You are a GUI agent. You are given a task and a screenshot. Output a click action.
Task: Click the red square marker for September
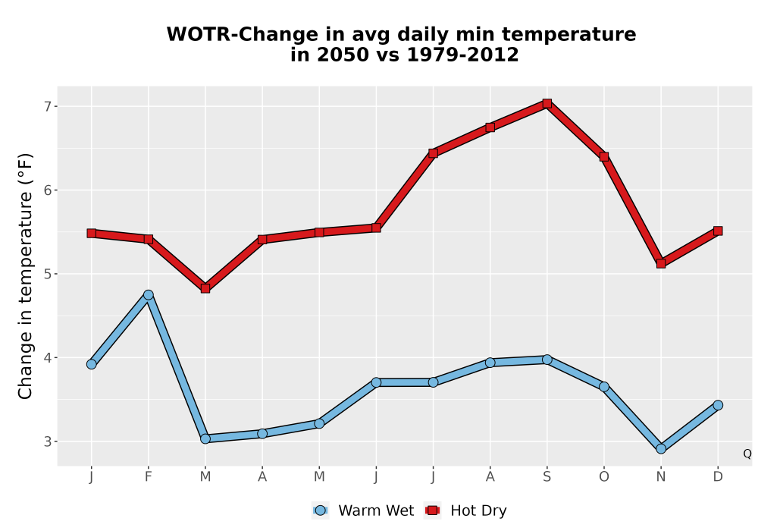point(547,103)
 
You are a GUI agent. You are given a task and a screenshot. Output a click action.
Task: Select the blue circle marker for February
point(149,294)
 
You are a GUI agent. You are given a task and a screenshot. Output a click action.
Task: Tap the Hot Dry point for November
point(661,263)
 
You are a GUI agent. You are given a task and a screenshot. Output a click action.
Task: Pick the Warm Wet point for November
point(661,449)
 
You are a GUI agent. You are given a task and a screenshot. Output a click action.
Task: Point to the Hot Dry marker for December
point(718,231)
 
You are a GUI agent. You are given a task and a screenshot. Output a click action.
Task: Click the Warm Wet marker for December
point(718,405)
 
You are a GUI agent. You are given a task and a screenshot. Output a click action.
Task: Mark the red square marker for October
point(604,156)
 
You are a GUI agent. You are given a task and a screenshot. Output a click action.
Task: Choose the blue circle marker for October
point(604,386)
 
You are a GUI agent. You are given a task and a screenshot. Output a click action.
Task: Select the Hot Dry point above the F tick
point(149,239)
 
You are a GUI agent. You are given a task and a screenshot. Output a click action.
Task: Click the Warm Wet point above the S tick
point(547,360)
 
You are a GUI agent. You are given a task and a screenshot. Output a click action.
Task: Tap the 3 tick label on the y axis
point(47,441)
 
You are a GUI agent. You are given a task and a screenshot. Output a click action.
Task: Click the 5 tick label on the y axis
point(47,274)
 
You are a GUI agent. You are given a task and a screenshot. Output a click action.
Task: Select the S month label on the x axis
point(547,477)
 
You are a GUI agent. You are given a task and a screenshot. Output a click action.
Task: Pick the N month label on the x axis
point(661,477)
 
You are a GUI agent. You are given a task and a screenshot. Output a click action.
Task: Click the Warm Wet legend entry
point(363,511)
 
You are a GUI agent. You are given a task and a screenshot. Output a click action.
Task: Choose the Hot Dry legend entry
point(465,511)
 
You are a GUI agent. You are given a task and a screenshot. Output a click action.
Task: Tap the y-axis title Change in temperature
point(25,276)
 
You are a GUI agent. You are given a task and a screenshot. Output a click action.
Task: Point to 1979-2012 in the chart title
point(462,55)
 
